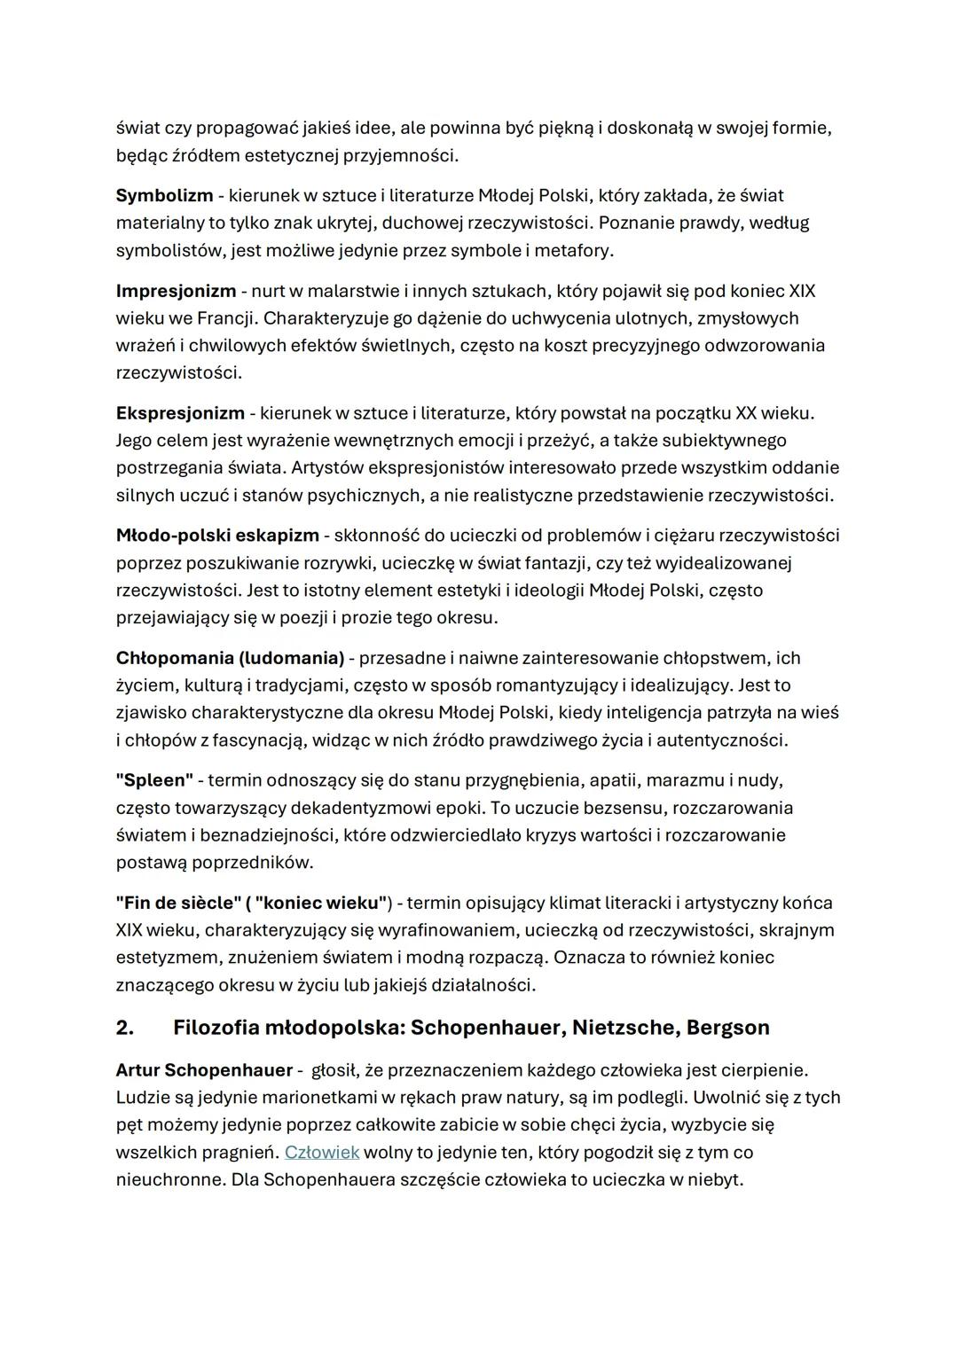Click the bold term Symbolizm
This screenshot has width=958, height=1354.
(x=164, y=195)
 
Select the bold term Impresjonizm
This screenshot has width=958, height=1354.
(x=176, y=291)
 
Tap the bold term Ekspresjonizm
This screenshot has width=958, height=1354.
(x=180, y=413)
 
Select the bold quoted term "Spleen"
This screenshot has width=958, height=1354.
(x=154, y=780)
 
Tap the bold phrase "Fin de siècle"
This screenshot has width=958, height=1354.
(x=178, y=903)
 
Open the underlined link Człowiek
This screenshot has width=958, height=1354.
(x=321, y=1153)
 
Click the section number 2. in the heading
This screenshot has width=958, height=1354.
(x=125, y=1028)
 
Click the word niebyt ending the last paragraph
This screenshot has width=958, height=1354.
(x=714, y=1180)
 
